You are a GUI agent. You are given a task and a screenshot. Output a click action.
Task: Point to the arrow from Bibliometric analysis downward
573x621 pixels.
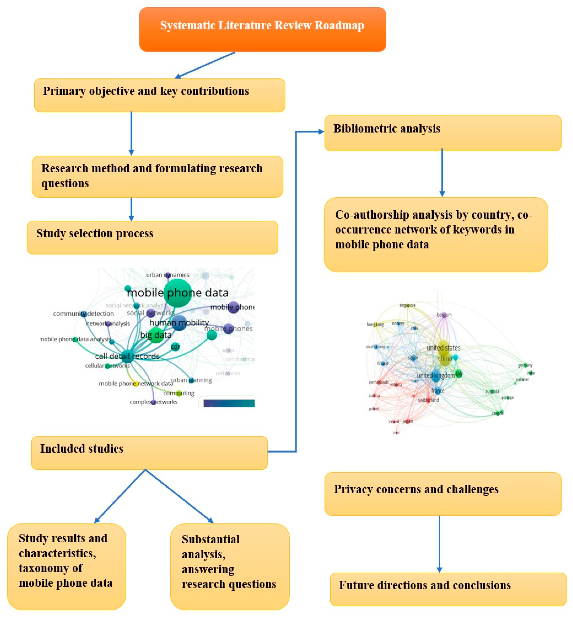442,172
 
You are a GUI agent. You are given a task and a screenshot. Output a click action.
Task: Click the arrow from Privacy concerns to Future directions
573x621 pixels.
439,544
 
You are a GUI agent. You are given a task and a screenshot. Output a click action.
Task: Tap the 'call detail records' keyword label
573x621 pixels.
127,356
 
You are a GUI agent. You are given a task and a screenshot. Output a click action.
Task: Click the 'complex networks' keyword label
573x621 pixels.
154,402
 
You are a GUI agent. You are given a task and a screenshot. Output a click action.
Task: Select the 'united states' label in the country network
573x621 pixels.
443,348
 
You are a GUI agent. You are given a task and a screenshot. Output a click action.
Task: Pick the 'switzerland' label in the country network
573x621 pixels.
429,400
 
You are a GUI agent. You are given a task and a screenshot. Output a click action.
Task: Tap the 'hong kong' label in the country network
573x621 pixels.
375,325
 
